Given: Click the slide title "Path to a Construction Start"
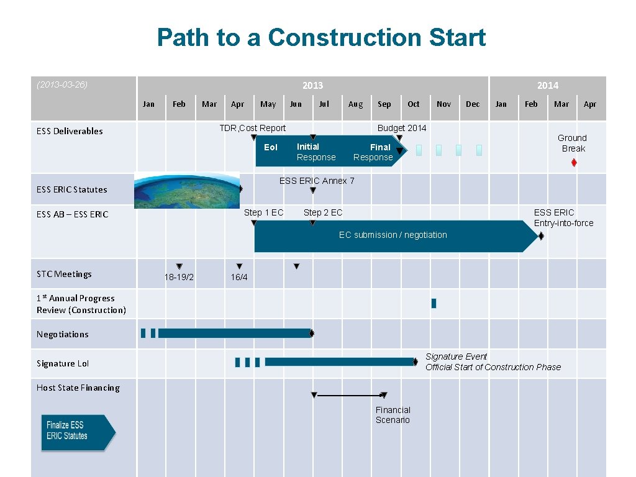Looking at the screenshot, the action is coord(321,37).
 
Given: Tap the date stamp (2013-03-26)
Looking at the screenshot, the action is coord(62,84).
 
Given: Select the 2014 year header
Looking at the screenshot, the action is coord(547,86).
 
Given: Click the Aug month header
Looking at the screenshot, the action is coord(355,104).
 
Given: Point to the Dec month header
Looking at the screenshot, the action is coord(473,104).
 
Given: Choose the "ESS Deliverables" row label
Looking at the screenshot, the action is coord(70,131).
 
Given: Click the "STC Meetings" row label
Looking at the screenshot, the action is coord(64,274).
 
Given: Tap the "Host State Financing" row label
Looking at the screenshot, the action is coord(78,388).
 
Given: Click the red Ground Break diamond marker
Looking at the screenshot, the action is coord(574,163).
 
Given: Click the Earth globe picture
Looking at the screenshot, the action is coord(187,190).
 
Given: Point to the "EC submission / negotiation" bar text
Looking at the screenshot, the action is coord(393,235).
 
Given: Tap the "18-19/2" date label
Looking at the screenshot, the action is coord(179,277).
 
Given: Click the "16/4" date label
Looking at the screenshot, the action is coord(239,277).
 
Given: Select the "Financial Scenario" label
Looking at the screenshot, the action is coord(393,415).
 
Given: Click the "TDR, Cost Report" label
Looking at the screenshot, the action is coord(253,128).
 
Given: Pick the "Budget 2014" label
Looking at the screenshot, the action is coord(402,128).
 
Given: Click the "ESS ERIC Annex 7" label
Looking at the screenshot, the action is coord(317,181).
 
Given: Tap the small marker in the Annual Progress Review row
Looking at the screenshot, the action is coord(434,303).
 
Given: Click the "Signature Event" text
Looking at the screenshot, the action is coord(457,357).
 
